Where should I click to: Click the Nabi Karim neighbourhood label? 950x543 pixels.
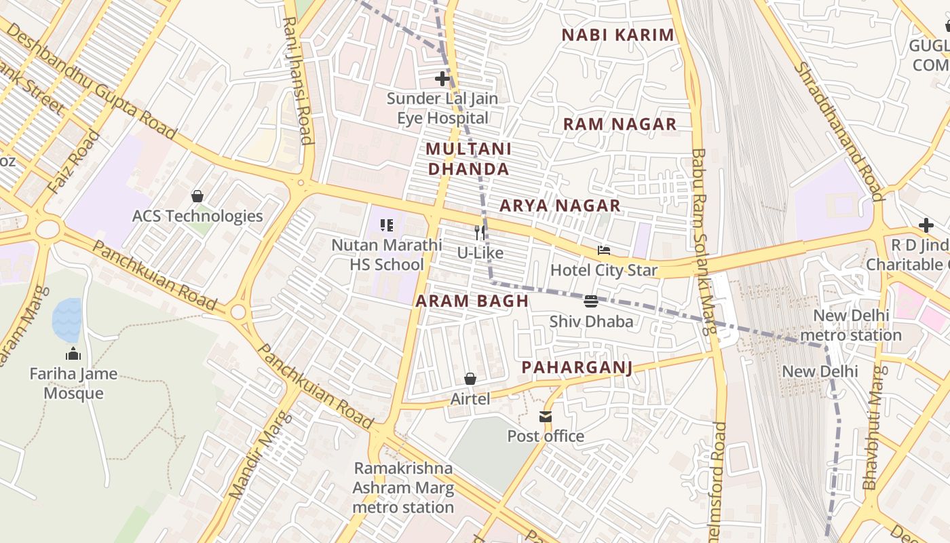(617, 35)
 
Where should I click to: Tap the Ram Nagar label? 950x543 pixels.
(620, 124)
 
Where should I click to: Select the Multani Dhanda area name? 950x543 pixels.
(468, 159)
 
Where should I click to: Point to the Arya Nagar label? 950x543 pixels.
(560, 206)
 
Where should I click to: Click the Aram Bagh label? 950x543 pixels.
(472, 301)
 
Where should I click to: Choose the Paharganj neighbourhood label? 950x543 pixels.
(577, 368)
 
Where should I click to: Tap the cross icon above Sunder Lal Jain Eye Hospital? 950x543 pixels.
(442, 79)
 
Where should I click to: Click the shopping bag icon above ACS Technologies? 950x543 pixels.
(197, 196)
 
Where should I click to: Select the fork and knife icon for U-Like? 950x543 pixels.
(480, 233)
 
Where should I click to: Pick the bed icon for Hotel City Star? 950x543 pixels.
(603, 250)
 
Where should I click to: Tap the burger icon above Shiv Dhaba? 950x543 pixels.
(590, 301)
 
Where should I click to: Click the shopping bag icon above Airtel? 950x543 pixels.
(470, 379)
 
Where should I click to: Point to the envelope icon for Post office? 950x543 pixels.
(546, 416)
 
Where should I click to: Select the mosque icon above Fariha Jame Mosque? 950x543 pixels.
(73, 354)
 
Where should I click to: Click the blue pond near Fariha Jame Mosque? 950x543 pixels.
(66, 320)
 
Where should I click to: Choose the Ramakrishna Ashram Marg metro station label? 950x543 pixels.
(403, 487)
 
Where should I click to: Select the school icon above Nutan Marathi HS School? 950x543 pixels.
(387, 225)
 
